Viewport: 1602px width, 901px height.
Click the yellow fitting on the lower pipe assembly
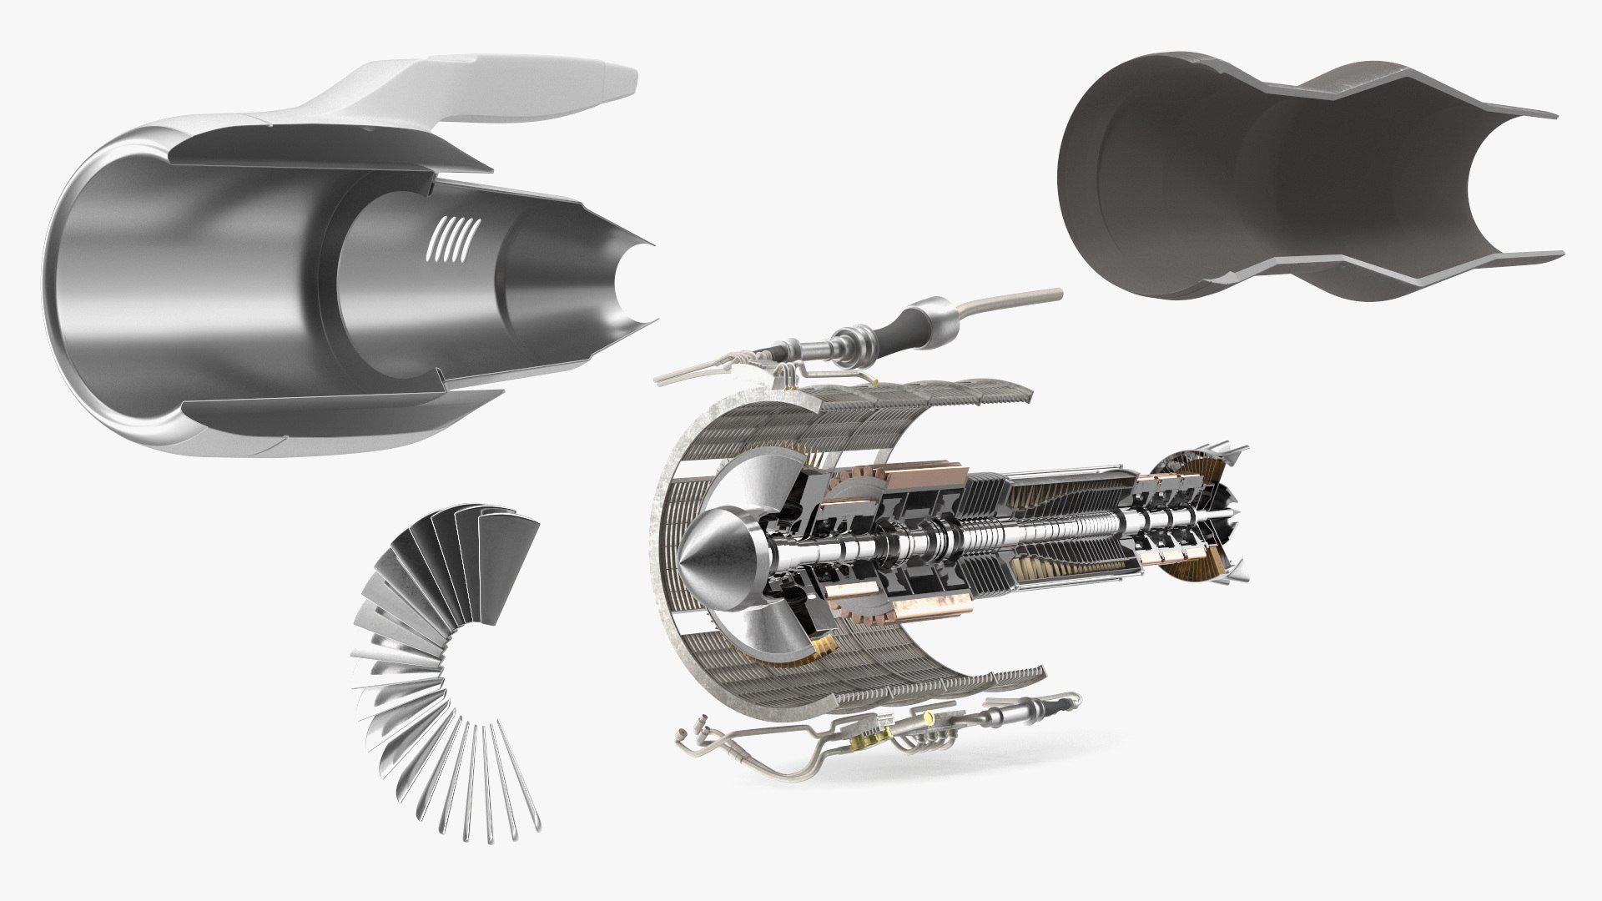[x=928, y=716]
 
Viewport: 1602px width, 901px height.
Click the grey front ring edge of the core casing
[x=659, y=534]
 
